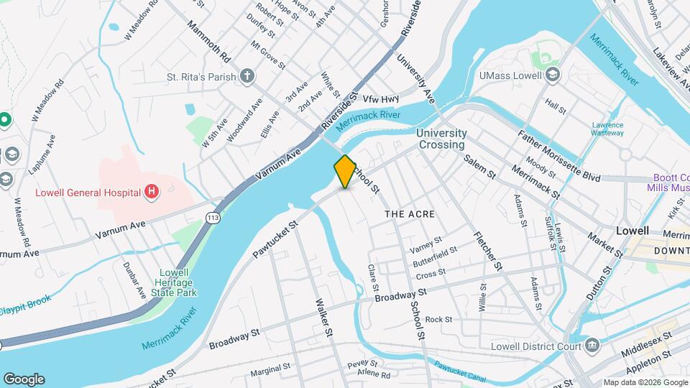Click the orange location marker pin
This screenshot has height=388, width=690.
[x=345, y=171]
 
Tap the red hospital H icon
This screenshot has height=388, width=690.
[x=152, y=191]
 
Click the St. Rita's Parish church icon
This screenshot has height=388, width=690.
[x=247, y=76]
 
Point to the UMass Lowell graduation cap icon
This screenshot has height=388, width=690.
[x=552, y=75]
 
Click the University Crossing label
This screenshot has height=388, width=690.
[x=441, y=139]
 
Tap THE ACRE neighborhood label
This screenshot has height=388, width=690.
[x=410, y=214]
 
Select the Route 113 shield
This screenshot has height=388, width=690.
[x=213, y=217]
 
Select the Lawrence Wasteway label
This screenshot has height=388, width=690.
[x=607, y=129]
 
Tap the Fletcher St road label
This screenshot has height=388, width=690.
[x=488, y=251]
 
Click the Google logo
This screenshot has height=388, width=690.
[x=24, y=379]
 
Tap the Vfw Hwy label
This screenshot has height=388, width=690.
[x=380, y=98]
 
